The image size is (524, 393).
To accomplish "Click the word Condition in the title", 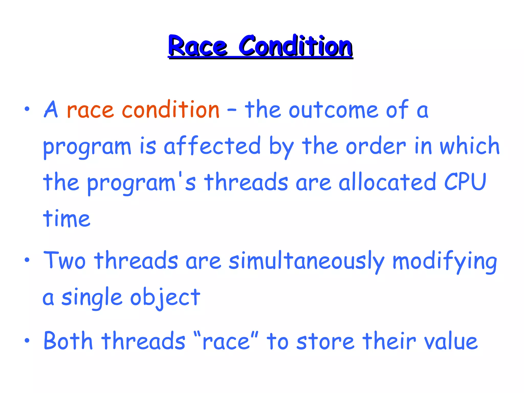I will coord(296,46).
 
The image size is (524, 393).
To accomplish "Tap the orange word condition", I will coord(170,110).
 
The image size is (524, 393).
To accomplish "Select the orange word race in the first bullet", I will coord(90,111).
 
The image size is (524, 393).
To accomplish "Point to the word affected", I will coord(212,146).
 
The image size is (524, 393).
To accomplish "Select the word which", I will coord(470,146).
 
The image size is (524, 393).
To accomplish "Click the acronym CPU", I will coord(465,182).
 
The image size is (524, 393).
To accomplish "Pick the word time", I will coord(67,219).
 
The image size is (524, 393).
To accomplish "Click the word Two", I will coord(64,260).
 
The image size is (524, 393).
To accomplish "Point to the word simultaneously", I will coord(307,261).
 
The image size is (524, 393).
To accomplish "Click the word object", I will coord(165,298).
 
